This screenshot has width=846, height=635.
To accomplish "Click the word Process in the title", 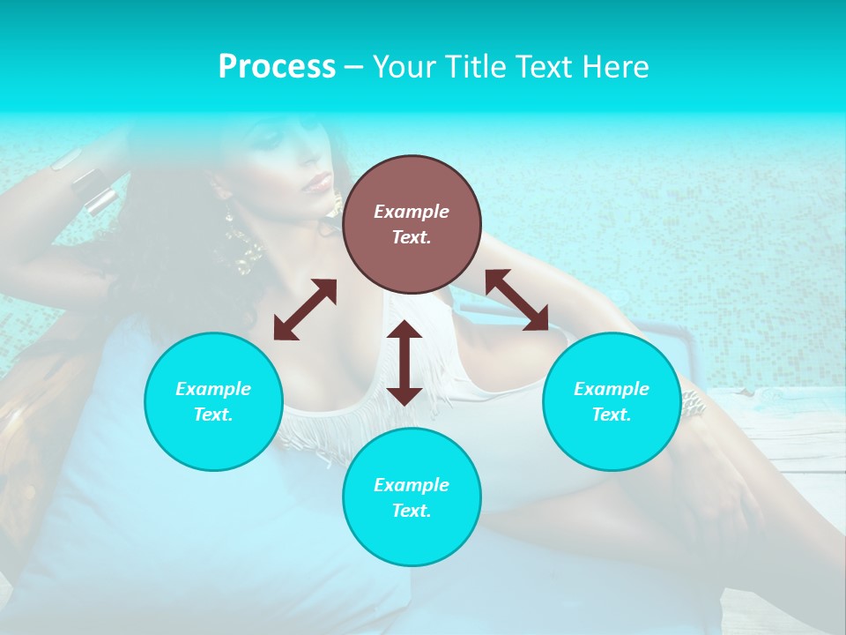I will click(277, 67).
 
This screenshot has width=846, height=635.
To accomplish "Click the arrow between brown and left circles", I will click(305, 310).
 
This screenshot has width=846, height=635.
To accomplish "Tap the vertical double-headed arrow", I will click(404, 363).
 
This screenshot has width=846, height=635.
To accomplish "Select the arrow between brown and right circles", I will click(516, 300).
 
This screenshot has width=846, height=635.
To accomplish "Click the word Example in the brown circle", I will click(412, 212).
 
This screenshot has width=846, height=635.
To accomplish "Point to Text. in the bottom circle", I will click(412, 511).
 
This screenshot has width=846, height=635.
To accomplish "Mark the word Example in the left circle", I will click(213, 389).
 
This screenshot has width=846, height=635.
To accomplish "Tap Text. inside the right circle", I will click(612, 415).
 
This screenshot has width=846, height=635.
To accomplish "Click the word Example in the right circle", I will click(612, 389).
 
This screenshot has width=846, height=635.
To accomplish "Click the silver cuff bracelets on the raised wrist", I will click(93, 190).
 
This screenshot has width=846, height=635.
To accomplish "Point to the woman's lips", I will click(318, 183).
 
